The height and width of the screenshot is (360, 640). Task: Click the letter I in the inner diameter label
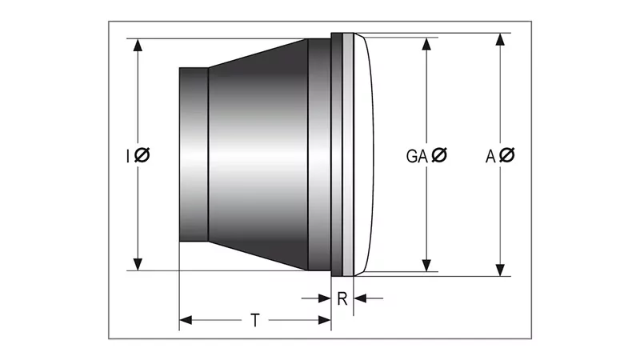coord(128,155)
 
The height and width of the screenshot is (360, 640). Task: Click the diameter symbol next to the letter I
coord(142,155)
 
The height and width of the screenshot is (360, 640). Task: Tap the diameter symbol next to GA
coord(439,156)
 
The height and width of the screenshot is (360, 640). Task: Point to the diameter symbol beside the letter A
coord(507,156)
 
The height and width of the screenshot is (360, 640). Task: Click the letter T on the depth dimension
coord(254,321)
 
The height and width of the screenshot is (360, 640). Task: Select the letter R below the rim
coord(342,299)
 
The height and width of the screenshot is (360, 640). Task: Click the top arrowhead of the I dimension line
coord(138,45)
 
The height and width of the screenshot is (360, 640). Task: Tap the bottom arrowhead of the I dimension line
coord(138,264)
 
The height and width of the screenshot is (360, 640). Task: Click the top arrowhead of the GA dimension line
coord(426,41)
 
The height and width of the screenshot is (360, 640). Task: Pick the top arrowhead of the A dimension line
coord(502,40)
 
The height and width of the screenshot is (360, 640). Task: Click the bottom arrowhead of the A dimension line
coord(502,269)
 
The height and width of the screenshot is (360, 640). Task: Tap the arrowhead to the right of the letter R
coord(359,298)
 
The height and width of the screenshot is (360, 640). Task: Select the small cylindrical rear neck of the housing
coord(193,154)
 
